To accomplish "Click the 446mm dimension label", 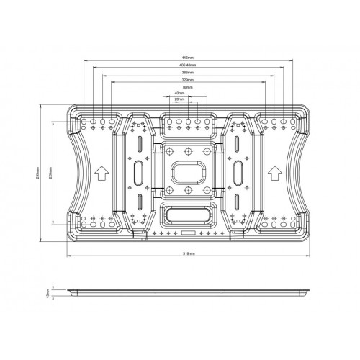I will point(188,58).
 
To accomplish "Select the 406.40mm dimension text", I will point(188,66).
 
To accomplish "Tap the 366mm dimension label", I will point(188,73).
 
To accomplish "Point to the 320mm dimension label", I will point(188,81).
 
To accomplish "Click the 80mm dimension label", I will point(188,87).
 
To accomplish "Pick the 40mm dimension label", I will point(179,94).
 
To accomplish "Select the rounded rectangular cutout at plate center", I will point(187,173).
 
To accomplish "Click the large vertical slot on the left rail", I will point(137,173).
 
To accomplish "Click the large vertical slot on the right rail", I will point(238,173).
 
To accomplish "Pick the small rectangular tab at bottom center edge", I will point(187,233).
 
